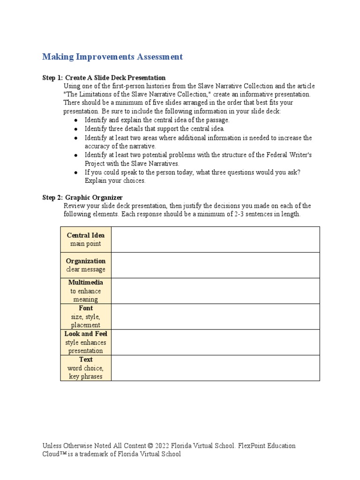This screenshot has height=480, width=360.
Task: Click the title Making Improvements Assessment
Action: coord(112,57)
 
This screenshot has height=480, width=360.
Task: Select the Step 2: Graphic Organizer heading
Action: coord(82,198)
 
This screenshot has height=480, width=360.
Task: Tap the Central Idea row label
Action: coord(86,235)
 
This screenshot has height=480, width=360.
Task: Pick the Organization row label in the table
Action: coord(86,261)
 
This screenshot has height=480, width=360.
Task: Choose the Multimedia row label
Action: coord(86,283)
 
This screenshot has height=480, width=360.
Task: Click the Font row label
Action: coord(86,308)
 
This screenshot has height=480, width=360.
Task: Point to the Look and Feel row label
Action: coord(86,334)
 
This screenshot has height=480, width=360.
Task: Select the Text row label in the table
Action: coord(86,360)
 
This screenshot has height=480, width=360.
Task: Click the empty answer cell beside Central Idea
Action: coord(216,240)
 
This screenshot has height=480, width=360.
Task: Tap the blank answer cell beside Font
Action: coord(216,316)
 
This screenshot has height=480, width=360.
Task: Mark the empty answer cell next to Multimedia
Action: coord(216,291)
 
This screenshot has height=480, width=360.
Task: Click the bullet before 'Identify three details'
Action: coord(76,129)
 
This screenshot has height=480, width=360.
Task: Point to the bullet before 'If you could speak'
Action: coord(76,172)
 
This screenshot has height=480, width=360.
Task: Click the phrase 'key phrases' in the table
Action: coord(86,376)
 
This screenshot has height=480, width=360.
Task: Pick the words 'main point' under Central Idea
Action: coord(86,244)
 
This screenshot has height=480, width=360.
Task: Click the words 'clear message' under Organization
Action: coord(86,270)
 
